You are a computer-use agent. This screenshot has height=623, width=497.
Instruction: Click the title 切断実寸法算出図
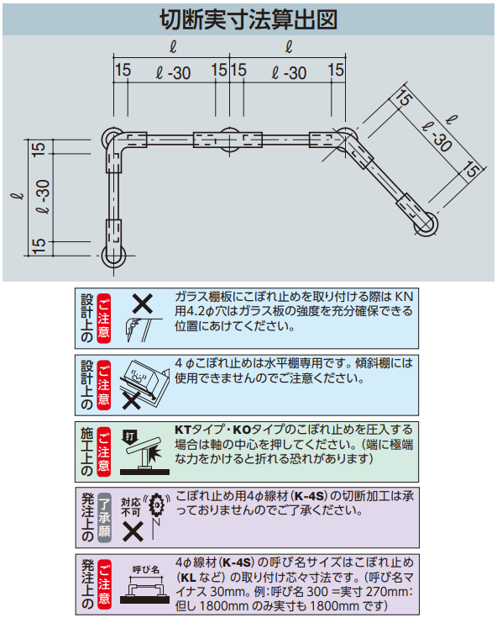[x=248, y=19]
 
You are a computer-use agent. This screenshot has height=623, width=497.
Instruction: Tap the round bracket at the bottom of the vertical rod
[x=113, y=256]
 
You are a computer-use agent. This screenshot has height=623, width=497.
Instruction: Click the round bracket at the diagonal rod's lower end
[x=426, y=224]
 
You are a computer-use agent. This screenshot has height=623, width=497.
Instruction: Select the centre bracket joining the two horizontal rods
[x=229, y=140]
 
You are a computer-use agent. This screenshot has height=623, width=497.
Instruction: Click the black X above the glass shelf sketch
[x=143, y=304]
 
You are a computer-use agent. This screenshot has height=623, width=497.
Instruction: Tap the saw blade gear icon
[x=158, y=504]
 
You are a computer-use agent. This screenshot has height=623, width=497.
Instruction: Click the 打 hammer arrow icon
[x=130, y=437]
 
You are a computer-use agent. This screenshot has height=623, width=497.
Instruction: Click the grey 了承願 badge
[x=104, y=517]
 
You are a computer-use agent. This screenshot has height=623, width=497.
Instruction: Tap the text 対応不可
[x=130, y=507]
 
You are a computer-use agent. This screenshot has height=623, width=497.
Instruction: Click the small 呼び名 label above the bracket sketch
[x=146, y=569]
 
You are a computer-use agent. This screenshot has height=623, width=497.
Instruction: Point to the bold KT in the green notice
[x=183, y=430]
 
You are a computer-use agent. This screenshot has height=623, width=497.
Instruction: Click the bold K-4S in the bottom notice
[x=237, y=562]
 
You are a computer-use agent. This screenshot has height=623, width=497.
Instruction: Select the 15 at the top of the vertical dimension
[x=39, y=149]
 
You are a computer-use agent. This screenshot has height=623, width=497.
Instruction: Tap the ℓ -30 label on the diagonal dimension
[x=437, y=137]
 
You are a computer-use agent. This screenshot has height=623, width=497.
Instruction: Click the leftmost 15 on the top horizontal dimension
[x=123, y=71]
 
